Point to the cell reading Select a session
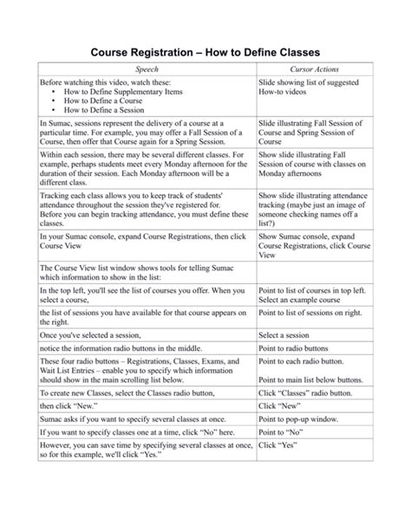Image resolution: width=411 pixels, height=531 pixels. (284, 334)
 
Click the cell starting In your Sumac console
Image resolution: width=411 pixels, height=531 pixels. (134, 241)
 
